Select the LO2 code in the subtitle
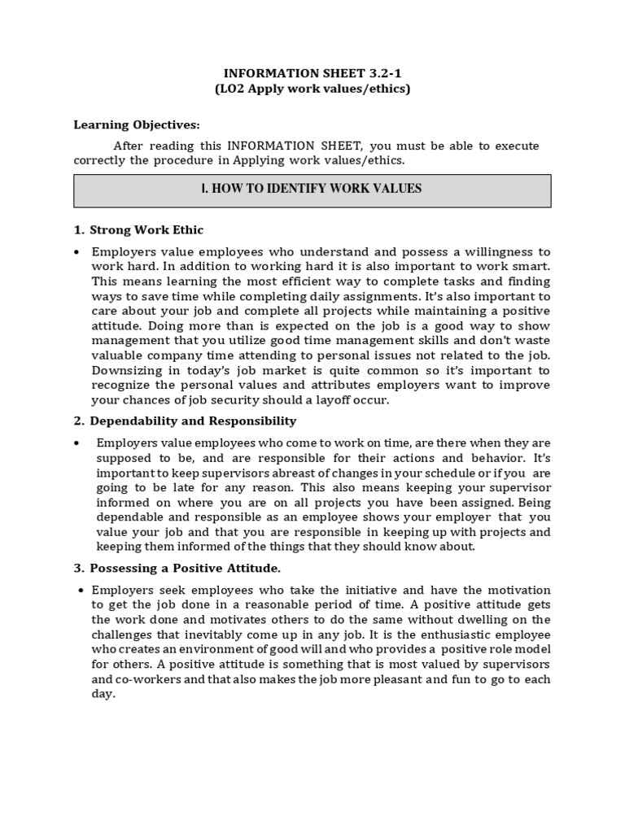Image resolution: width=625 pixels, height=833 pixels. click(233, 89)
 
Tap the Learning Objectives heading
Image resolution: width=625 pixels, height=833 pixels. click(136, 124)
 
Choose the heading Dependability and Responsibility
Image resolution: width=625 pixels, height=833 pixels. click(193, 421)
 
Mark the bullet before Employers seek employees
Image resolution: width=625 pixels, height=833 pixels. click(81, 590)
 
